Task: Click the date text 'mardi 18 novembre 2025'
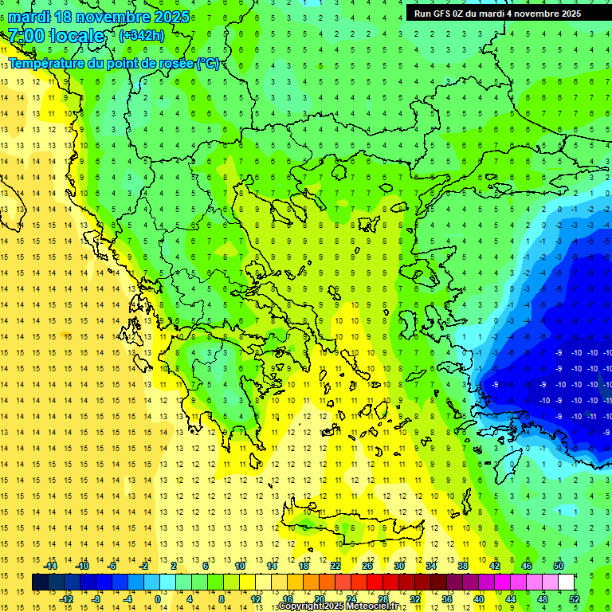[99, 17]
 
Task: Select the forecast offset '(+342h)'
[142, 36]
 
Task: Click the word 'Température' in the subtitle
[45, 63]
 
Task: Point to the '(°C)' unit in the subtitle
[208, 63]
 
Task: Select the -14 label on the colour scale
[50, 566]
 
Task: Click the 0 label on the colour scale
[158, 599]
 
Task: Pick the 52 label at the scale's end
[575, 599]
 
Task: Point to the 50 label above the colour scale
[558, 566]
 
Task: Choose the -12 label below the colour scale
[66, 599]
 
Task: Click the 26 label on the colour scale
[367, 566]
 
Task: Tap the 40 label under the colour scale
[479, 599]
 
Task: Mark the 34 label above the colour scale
[431, 566]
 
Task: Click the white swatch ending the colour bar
[566, 583]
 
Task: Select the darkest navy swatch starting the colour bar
[40, 583]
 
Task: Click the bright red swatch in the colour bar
[375, 583]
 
